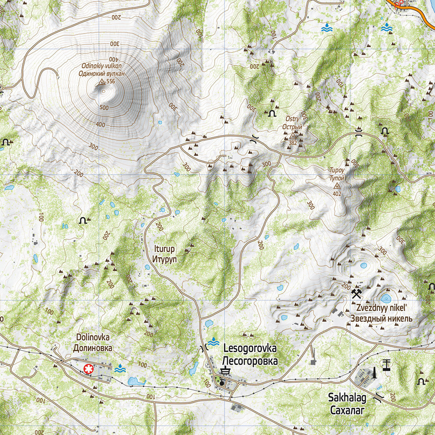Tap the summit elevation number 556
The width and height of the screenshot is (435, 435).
(111, 82)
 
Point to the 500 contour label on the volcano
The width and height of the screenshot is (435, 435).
(104, 108)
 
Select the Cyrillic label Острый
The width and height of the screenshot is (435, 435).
(292, 127)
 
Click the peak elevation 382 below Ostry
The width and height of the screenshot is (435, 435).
(293, 143)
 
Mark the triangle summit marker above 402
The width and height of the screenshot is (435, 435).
(337, 187)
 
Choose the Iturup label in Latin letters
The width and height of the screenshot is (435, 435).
(165, 249)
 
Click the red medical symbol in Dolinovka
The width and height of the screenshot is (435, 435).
(87, 368)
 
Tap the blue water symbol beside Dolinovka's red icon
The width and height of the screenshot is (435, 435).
(120, 368)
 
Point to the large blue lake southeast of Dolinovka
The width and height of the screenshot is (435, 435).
(136, 381)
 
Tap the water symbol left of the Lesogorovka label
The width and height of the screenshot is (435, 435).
(213, 342)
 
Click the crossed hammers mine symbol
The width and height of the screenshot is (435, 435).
(356, 293)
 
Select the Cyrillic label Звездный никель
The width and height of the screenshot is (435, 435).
(381, 319)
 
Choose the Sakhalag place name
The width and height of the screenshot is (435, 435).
(347, 398)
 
